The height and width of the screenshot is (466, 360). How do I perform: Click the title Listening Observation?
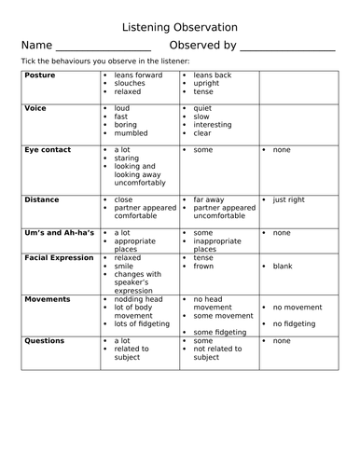click(x=180, y=27)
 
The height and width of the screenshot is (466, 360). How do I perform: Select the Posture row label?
click(x=41, y=75)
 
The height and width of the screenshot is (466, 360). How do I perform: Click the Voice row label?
click(x=35, y=109)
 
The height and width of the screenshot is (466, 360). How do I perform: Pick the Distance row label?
click(x=42, y=199)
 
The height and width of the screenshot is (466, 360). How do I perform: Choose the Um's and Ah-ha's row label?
click(x=56, y=232)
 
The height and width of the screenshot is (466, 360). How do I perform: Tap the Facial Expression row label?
click(x=59, y=257)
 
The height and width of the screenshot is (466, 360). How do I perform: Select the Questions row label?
click(x=46, y=341)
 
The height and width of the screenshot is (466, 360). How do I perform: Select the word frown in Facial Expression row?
click(x=204, y=267)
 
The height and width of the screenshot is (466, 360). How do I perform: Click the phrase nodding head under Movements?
click(x=141, y=299)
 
